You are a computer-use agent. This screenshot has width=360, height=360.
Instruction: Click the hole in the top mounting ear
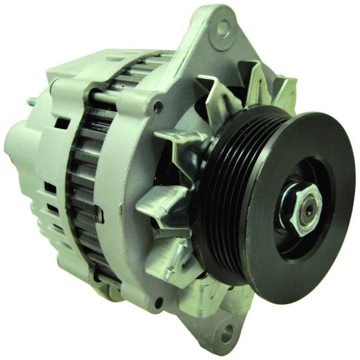point(223,27)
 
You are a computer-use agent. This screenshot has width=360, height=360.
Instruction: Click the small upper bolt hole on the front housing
point(158,107)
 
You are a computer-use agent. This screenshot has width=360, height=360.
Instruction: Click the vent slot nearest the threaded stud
point(61,123)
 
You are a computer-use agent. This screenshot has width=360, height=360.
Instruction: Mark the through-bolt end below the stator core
point(107,279)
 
